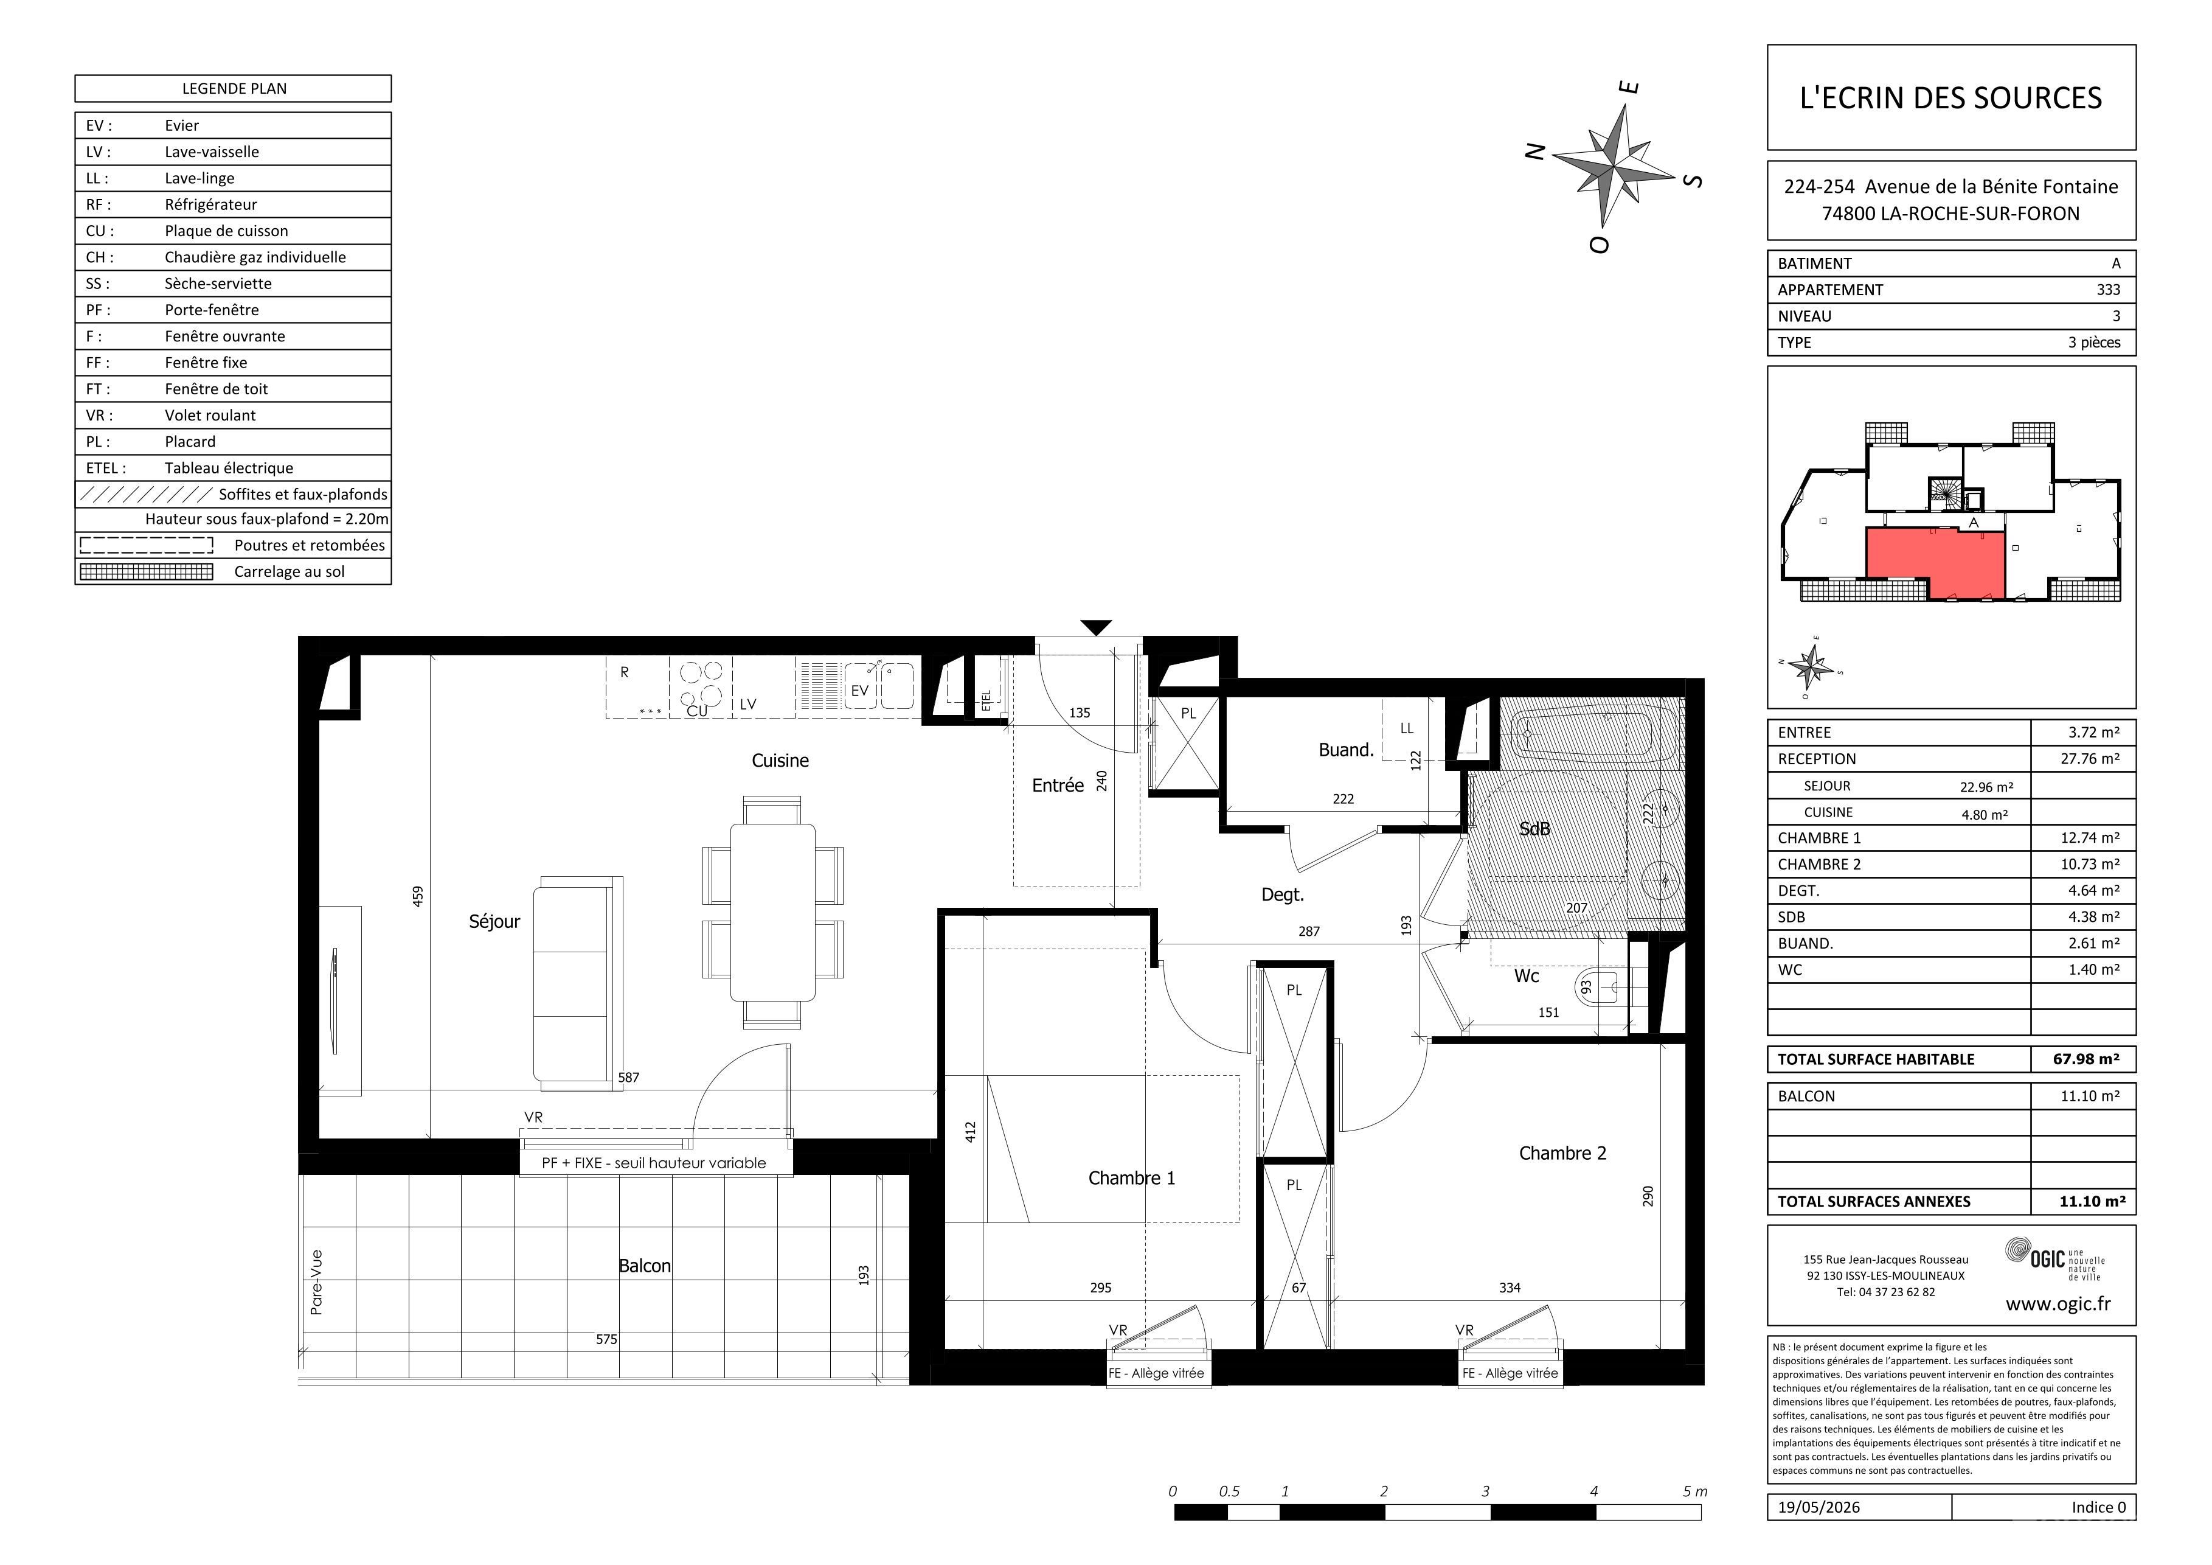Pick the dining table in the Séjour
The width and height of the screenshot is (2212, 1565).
coord(772,913)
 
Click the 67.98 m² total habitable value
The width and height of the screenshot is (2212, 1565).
coord(2085,1059)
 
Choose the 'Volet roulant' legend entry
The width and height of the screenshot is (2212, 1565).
coord(210,416)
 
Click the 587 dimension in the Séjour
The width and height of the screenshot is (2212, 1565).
coord(628,1078)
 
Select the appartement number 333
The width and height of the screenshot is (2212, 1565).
coord(2108,289)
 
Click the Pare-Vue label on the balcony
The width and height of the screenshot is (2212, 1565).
coord(317,1283)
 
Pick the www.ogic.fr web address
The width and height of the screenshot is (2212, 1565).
coord(2058,1305)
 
